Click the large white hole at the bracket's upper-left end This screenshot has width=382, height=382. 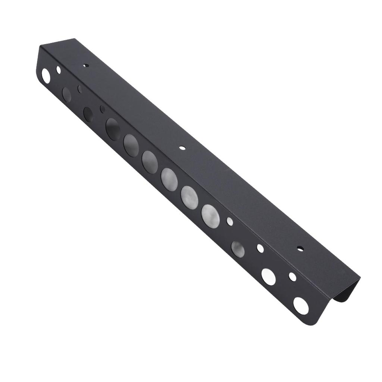coord(46,75)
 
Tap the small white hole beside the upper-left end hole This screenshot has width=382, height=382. coord(58,69)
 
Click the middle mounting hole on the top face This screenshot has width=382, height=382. coord(182,148)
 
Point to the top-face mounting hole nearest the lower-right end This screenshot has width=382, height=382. coord(299,248)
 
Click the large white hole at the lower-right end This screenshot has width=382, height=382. coord(301,306)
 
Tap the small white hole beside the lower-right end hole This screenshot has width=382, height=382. coord(292,277)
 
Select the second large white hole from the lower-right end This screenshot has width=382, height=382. coord(268,276)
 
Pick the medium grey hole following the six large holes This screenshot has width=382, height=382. coord(238,249)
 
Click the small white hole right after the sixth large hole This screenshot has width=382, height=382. coord(230,222)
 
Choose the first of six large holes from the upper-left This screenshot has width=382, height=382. coord(113,129)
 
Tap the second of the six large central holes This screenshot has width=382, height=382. coord(131,145)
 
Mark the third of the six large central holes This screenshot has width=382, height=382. coord(150,162)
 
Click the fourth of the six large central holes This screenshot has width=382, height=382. coord(169,179)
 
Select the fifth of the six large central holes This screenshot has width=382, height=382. coord(190,197)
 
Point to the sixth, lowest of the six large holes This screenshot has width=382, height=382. coord(210,215)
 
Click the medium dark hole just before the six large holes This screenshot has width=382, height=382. coord(88,115)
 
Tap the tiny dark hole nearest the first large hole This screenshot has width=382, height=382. coord(102,109)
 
